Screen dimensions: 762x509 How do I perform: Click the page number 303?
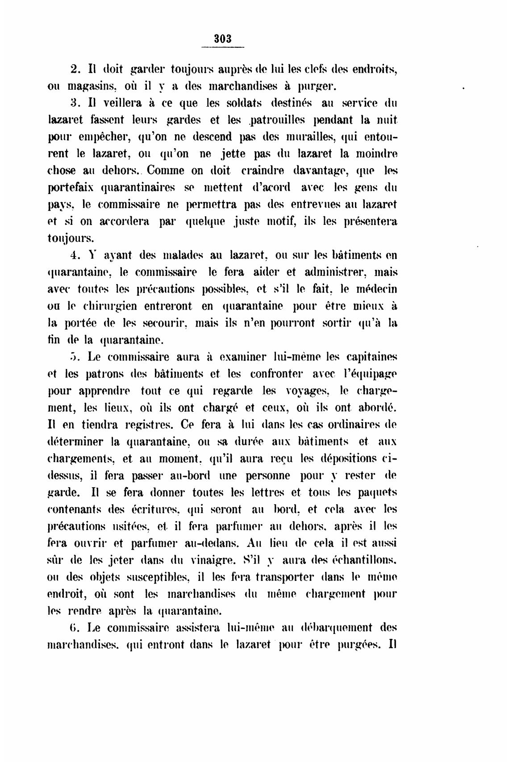click(x=223, y=38)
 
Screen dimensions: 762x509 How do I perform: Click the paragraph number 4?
click(x=75, y=256)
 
